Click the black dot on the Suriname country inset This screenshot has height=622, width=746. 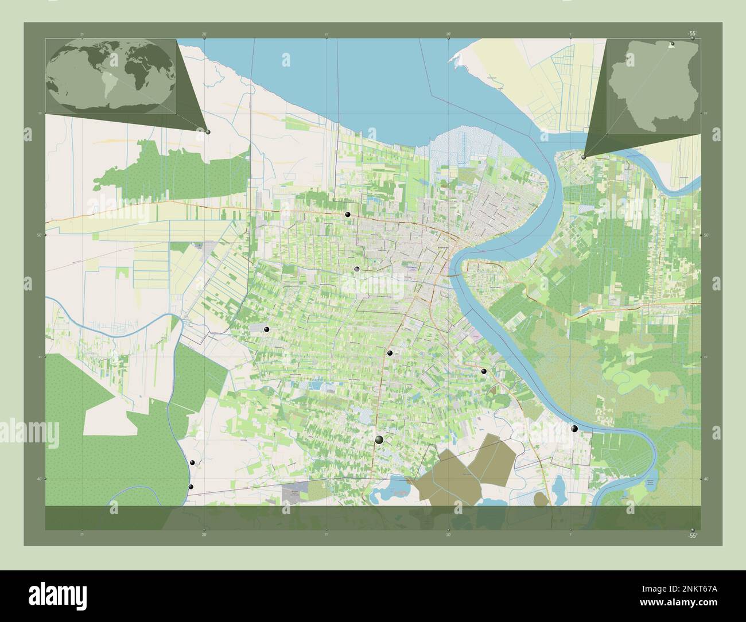tap(673, 44)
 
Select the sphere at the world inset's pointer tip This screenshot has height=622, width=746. tap(208, 132)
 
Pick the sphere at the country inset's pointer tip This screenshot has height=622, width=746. tap(584, 156)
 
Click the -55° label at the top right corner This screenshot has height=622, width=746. tap(693, 34)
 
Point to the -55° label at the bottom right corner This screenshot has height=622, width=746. tap(693, 535)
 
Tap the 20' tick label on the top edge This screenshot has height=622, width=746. tap(204, 34)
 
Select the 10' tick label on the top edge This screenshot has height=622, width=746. tap(448, 34)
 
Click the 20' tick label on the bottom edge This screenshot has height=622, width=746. tap(204, 534)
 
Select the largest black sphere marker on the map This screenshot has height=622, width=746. tap(379, 440)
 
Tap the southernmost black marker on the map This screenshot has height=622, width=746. tap(191, 487)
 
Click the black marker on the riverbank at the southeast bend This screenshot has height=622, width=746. tap(574, 429)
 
